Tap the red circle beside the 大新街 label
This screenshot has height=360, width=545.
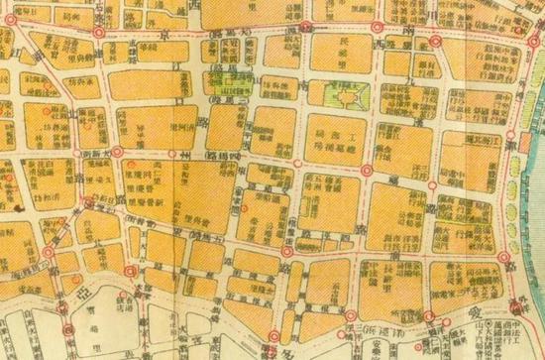point(118,152)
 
